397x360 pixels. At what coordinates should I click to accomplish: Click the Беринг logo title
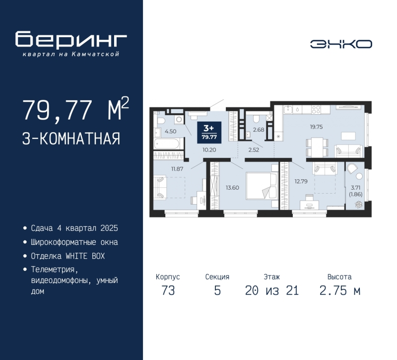click(71, 39)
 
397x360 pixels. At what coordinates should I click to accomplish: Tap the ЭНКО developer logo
click(341, 44)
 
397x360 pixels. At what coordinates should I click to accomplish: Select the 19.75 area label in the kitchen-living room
click(316, 127)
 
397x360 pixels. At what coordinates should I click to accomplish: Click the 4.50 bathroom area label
click(170, 132)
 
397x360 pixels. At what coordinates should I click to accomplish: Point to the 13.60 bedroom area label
click(232, 188)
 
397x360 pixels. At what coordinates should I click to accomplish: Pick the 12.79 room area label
click(301, 181)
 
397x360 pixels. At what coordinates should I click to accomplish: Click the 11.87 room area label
click(177, 169)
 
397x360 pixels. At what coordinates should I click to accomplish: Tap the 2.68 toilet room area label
click(259, 130)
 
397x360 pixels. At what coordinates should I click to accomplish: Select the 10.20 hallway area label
click(209, 150)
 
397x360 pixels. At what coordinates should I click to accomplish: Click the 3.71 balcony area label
click(355, 188)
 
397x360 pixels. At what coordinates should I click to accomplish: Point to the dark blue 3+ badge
click(209, 132)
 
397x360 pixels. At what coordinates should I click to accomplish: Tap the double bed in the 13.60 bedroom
click(262, 186)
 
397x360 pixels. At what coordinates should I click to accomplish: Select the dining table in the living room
click(317, 147)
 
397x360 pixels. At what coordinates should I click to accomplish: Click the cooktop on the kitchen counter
click(316, 109)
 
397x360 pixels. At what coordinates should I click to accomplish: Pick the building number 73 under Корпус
click(168, 290)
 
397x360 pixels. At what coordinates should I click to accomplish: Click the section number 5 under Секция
click(217, 290)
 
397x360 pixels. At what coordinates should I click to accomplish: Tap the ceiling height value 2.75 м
click(339, 290)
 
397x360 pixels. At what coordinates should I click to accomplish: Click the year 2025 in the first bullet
click(109, 228)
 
